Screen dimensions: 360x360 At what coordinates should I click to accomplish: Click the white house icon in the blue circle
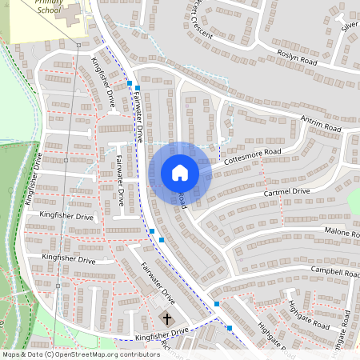pos(180,173)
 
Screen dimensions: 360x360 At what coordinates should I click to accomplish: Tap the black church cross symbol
pos(167,319)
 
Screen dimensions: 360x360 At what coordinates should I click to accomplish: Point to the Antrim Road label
pos(321,127)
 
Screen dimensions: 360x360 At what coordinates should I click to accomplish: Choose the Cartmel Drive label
pos(286,192)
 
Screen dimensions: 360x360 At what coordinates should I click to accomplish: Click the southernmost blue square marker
pos(230,328)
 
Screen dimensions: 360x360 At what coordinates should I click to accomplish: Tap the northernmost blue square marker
pos(129,82)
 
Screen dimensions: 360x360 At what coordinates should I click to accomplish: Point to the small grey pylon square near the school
pos(78,46)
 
